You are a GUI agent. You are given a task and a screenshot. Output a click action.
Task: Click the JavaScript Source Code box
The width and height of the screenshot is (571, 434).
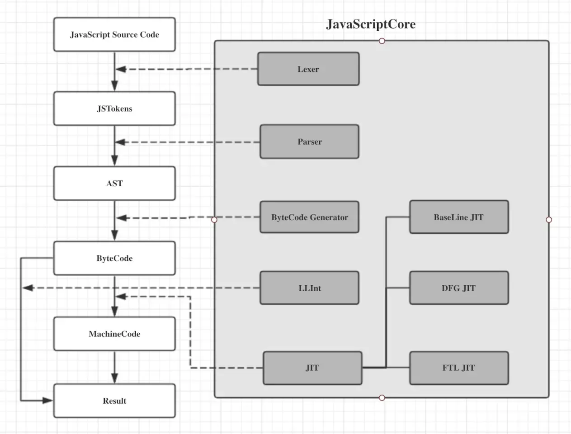tap(114, 34)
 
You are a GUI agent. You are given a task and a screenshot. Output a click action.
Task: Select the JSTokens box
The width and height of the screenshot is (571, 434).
tap(114, 108)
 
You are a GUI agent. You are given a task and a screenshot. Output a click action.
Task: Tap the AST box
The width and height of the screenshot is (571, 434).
tap(114, 184)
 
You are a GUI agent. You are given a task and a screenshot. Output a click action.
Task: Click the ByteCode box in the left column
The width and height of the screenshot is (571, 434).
tap(114, 258)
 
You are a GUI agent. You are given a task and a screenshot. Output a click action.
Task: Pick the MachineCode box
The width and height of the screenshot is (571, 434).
tap(114, 334)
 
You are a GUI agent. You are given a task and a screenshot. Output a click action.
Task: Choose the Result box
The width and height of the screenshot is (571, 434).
tap(114, 401)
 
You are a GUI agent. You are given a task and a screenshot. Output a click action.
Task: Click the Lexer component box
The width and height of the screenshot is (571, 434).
tap(308, 69)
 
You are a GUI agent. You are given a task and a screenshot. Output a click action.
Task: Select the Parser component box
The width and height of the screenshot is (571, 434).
tap(310, 142)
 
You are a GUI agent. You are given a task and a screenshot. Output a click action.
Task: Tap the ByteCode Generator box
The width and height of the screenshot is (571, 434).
tap(310, 217)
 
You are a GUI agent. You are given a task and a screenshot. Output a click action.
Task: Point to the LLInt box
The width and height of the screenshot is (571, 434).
tap(310, 288)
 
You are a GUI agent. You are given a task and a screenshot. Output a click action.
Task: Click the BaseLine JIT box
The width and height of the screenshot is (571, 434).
tap(459, 217)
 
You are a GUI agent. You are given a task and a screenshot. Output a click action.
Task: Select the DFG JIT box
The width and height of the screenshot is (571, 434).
tap(459, 288)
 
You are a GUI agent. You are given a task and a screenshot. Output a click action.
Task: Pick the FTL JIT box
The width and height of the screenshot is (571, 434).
tap(459, 368)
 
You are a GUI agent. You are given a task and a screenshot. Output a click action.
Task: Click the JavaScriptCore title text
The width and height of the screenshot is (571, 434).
tap(371, 24)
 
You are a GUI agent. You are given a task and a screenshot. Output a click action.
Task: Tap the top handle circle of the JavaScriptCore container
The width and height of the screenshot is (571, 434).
tap(382, 41)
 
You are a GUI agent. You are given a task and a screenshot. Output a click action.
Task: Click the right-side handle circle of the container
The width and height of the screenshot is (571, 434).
tap(549, 220)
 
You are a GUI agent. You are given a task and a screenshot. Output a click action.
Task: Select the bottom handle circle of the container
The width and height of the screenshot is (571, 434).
tap(382, 397)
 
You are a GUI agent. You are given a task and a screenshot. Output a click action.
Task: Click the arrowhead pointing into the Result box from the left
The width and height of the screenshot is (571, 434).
tap(47, 401)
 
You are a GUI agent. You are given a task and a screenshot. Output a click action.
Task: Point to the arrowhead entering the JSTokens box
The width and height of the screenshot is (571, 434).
tap(114, 86)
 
